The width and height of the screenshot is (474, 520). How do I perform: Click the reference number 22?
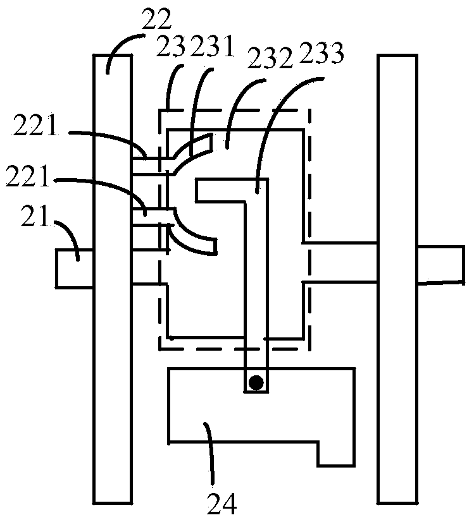[156, 20]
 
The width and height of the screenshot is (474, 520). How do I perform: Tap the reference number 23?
[170, 48]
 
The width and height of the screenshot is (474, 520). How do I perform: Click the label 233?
[321, 54]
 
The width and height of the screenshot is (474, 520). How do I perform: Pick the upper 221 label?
[35, 125]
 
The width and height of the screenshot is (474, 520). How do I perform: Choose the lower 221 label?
[28, 176]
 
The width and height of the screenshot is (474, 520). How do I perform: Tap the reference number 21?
[35, 215]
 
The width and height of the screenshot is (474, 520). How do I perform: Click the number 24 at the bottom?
[222, 504]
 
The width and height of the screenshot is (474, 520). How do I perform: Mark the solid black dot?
[256, 383]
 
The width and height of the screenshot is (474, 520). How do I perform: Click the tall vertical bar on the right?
[397, 279]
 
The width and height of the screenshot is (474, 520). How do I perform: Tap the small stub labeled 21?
[74, 269]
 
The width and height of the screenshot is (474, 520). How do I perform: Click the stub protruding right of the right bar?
[441, 265]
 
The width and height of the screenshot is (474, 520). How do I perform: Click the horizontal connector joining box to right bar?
[340, 262]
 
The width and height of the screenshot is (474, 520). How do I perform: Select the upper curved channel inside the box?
[191, 152]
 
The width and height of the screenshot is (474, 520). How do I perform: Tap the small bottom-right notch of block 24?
[336, 454]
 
